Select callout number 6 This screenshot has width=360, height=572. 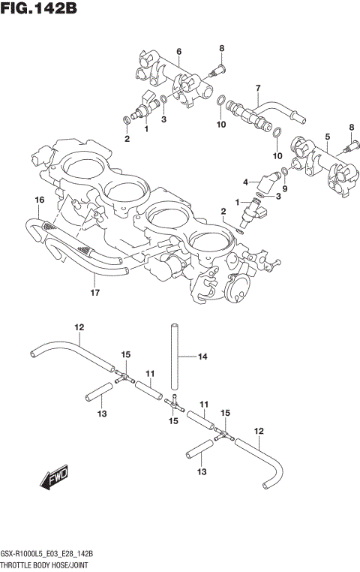pos(178,51)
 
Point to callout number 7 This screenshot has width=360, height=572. pos(257,87)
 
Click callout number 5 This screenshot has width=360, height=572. pos(327,136)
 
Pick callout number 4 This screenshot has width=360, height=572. pos(244,182)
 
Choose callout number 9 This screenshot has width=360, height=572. pos(285,189)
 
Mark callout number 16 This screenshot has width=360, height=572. pos(40,199)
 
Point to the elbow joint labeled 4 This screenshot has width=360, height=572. pos(265,182)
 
